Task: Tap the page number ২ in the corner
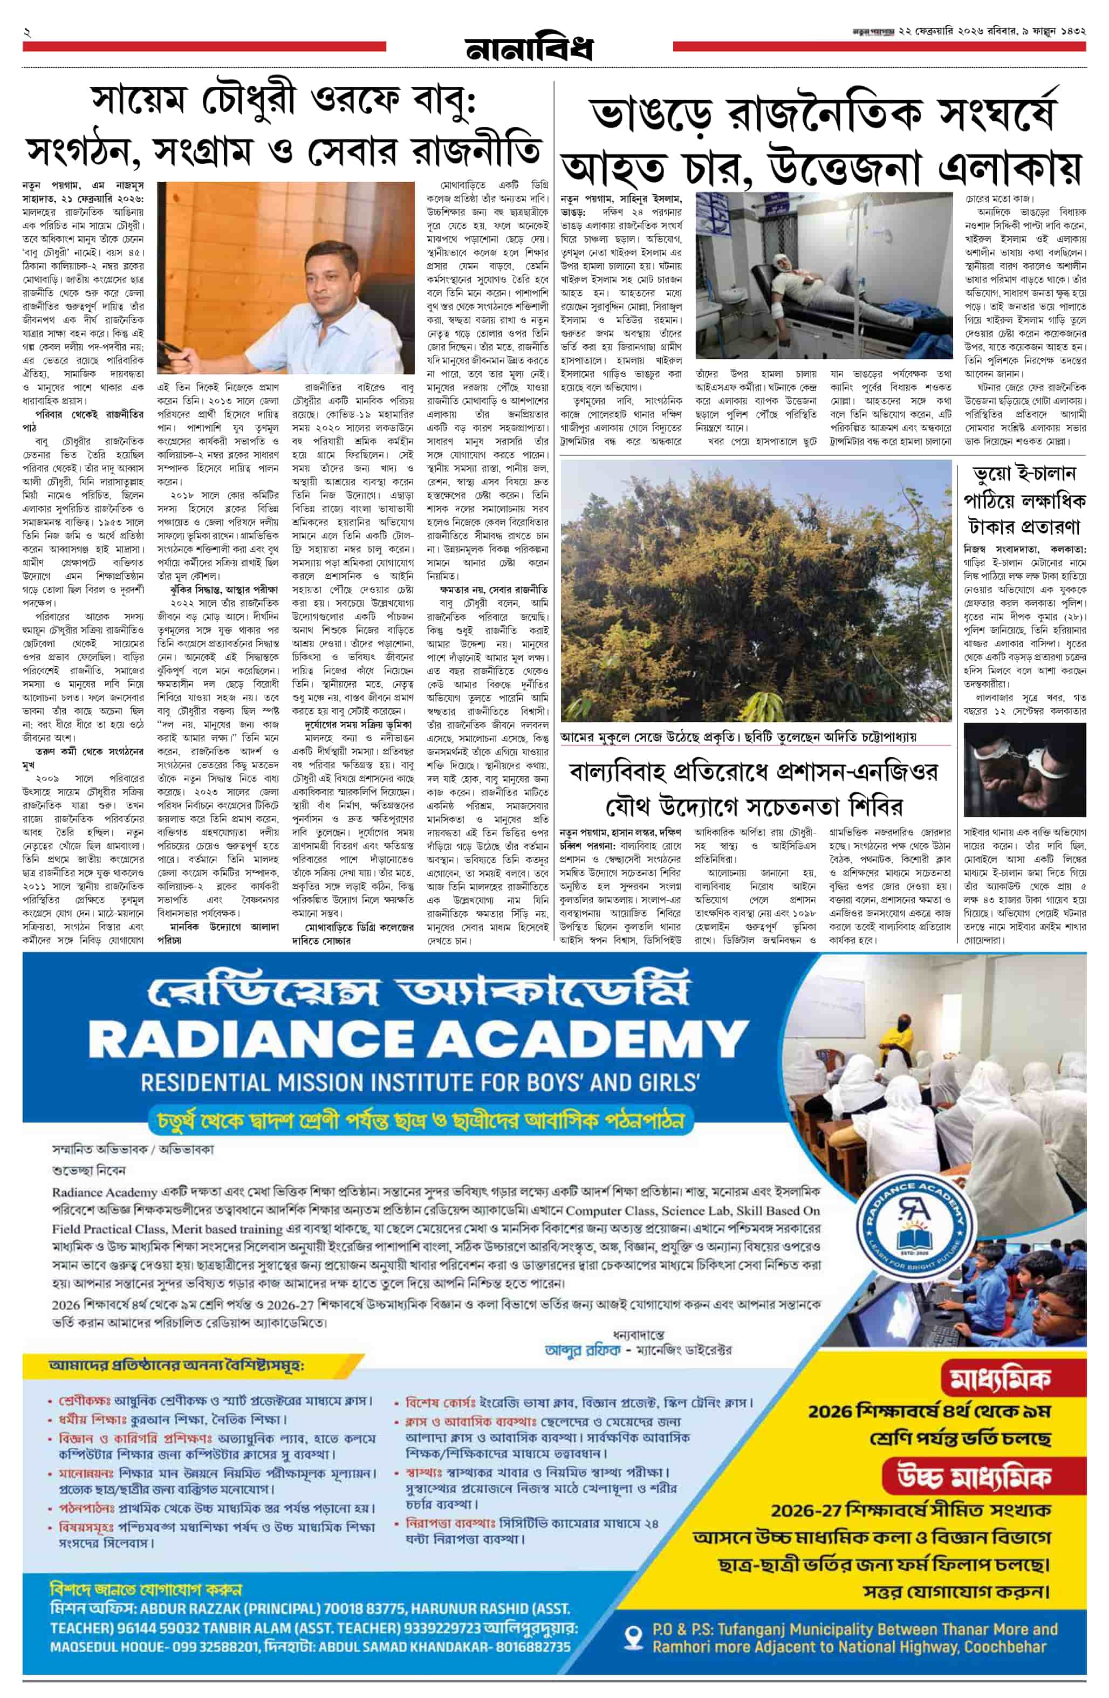26,32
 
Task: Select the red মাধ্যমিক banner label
999,1382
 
